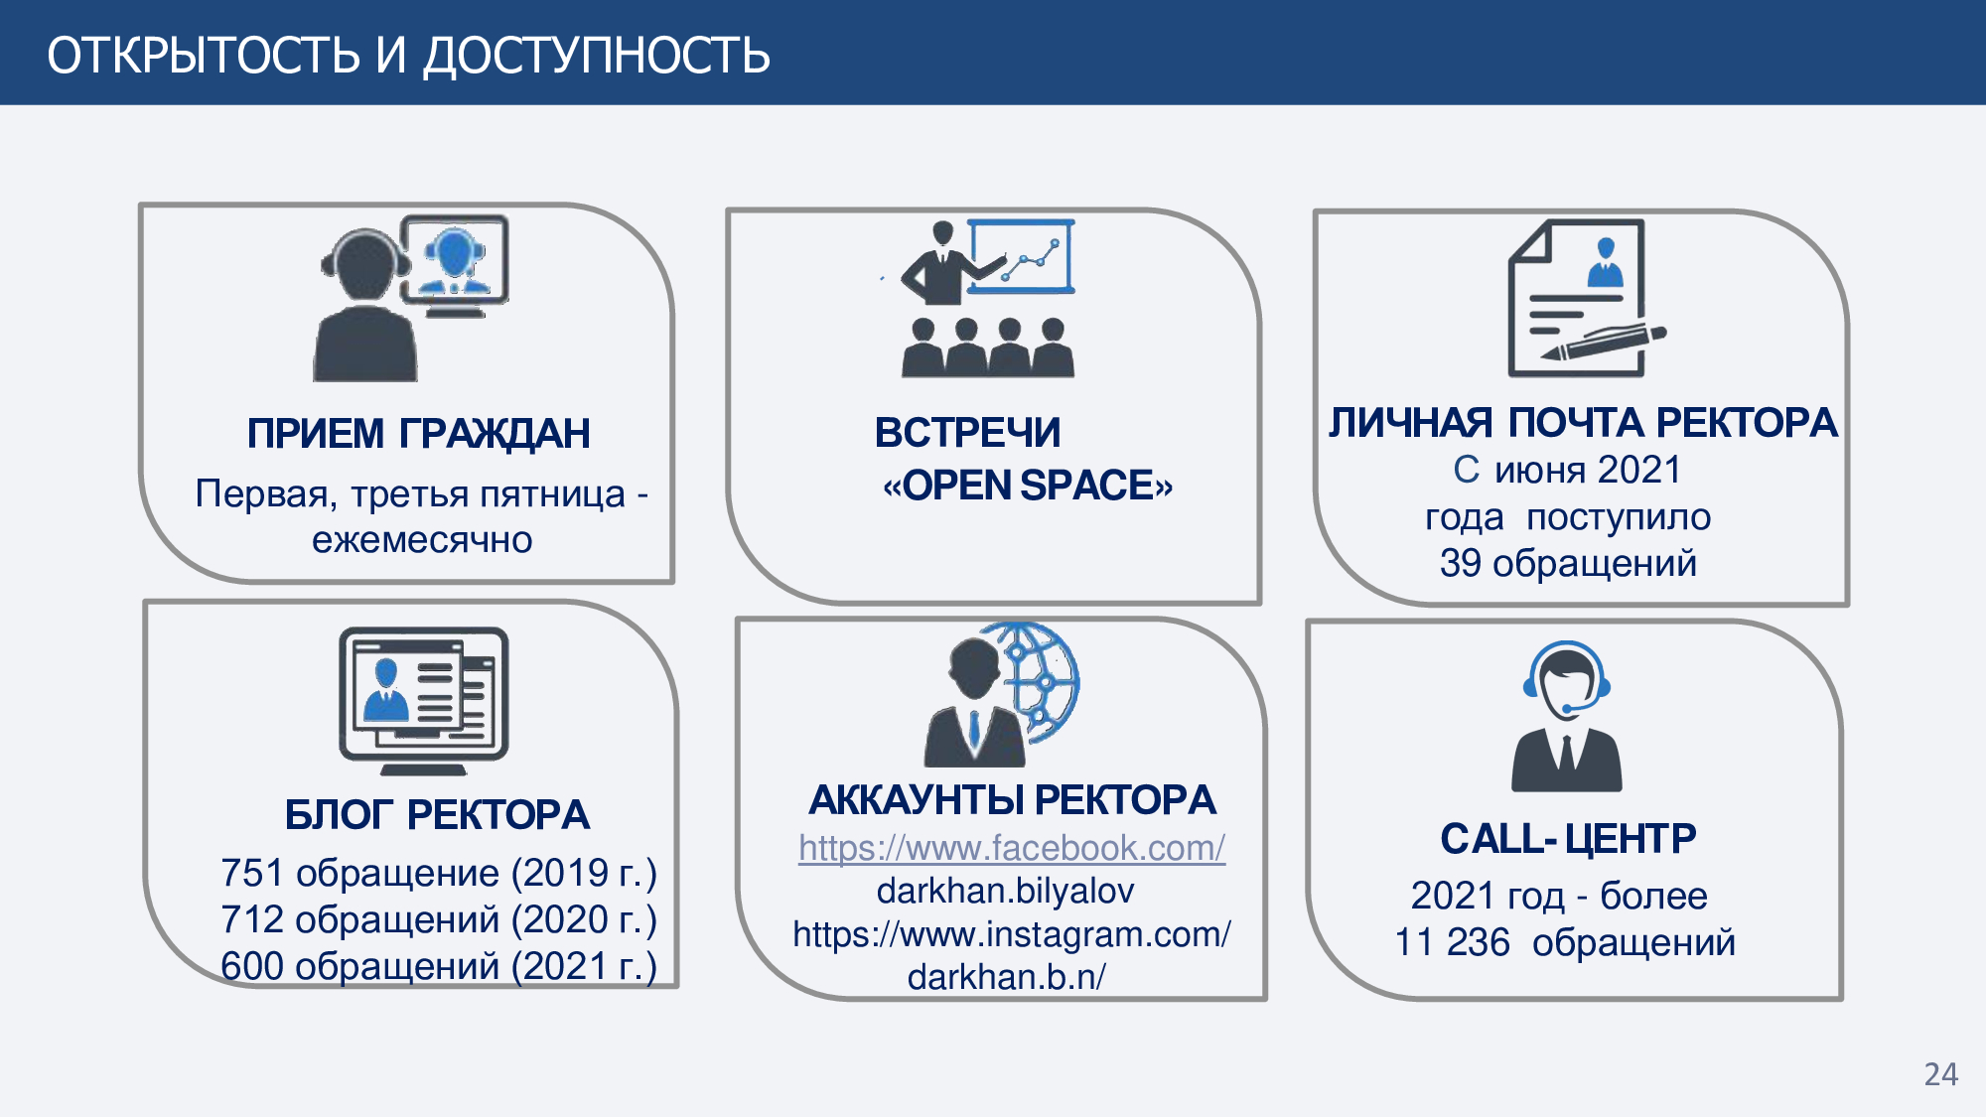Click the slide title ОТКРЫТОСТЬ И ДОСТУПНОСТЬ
pyautogui.click(x=408, y=55)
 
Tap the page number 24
pyautogui.click(x=1941, y=1074)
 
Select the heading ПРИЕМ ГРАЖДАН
pyautogui.click(x=418, y=434)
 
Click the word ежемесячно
pyautogui.click(x=422, y=540)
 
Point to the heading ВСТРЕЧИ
pyautogui.click(x=967, y=433)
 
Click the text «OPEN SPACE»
pyautogui.click(x=1028, y=486)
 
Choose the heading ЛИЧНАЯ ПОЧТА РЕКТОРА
pyautogui.click(x=1583, y=423)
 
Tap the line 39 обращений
pyautogui.click(x=1568, y=563)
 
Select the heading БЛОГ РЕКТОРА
pyautogui.click(x=437, y=815)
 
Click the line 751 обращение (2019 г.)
pyautogui.click(x=439, y=873)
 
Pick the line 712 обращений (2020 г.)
pyautogui.click(x=439, y=919)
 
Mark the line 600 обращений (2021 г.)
pyautogui.click(x=439, y=966)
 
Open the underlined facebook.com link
pyautogui.click(x=1012, y=848)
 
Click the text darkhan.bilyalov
pyautogui.click(x=1005, y=891)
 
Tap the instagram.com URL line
pyautogui.click(x=1012, y=934)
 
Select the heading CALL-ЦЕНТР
pyautogui.click(x=1568, y=839)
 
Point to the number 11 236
pyautogui.click(x=1452, y=942)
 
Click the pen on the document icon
pyautogui.click(x=1604, y=343)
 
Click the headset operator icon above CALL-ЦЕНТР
pyautogui.click(x=1567, y=716)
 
